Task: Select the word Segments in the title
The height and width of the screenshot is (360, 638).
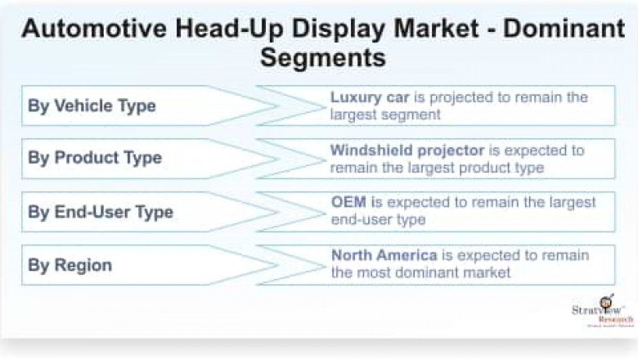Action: [x=323, y=57]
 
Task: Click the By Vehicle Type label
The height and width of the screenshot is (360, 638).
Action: [x=92, y=106]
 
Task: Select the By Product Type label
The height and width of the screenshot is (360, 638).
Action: [x=95, y=158]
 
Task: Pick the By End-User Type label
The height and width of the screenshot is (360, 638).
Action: [x=101, y=212]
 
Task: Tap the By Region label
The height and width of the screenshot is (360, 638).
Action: [x=70, y=265]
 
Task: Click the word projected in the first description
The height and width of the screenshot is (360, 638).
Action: [x=458, y=97]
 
